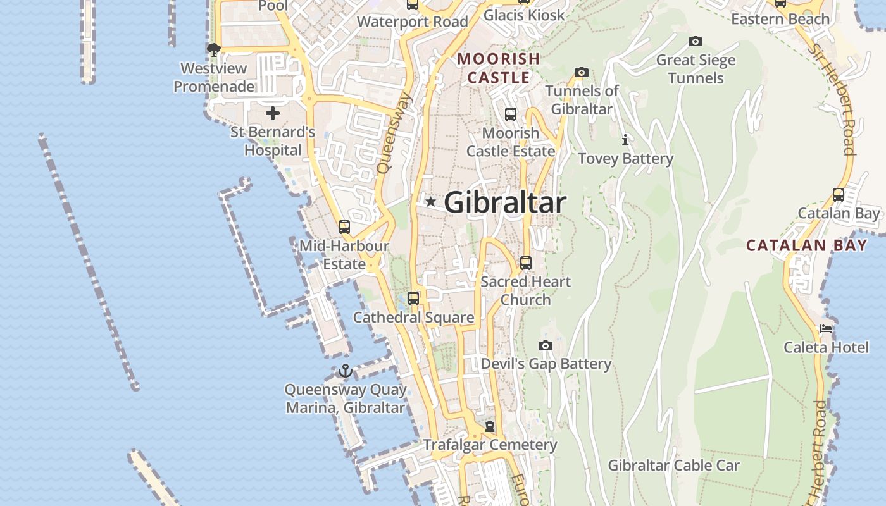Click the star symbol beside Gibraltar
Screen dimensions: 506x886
point(430,202)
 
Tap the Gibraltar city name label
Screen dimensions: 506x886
point(504,202)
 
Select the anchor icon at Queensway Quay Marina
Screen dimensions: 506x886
point(345,371)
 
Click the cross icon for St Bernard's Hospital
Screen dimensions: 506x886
point(273,113)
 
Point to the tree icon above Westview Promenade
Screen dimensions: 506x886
point(214,49)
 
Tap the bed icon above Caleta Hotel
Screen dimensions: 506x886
point(826,329)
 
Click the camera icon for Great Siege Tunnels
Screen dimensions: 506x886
point(696,42)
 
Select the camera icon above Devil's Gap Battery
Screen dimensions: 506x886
point(546,345)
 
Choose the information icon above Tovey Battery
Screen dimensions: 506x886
point(625,140)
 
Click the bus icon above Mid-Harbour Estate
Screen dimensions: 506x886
point(344,226)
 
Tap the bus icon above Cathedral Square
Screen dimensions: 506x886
point(413,298)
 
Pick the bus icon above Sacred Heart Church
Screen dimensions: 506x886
point(525,262)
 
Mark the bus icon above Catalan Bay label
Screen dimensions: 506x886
point(839,195)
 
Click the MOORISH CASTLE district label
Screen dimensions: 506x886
point(499,68)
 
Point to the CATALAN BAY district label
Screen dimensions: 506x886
point(806,245)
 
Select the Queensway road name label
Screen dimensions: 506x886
point(394,133)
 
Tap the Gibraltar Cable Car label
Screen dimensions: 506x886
point(673,466)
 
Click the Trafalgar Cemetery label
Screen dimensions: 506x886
point(490,445)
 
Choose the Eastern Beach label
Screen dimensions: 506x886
point(780,19)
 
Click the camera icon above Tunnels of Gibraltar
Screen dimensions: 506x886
point(582,73)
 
